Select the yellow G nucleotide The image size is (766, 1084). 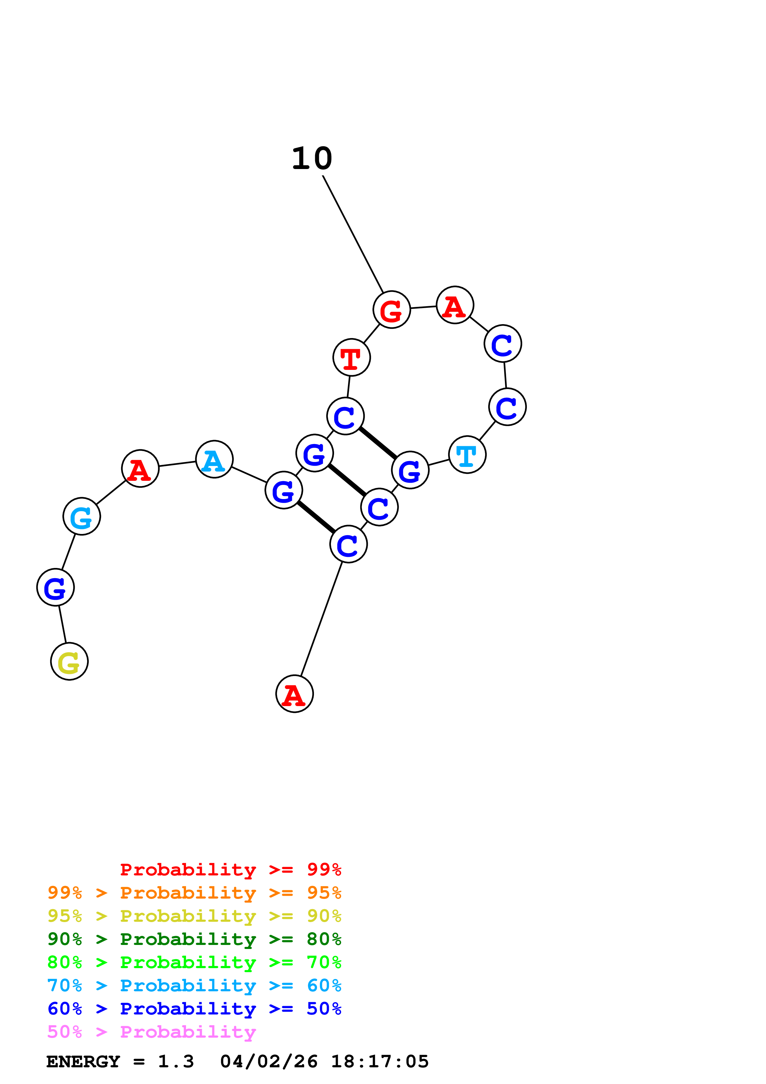pyautogui.click(x=70, y=662)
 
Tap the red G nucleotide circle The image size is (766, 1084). pyautogui.click(x=391, y=310)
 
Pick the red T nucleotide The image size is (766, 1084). pyautogui.click(x=351, y=358)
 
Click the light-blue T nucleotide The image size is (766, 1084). pyautogui.click(x=467, y=455)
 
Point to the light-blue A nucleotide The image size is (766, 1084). pyautogui.click(x=214, y=459)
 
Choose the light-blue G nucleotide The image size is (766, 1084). pyautogui.click(x=82, y=516)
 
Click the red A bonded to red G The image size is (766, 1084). pyautogui.click(x=455, y=305)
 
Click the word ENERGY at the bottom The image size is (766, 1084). pyautogui.click(x=83, y=1062)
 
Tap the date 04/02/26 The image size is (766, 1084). pyautogui.click(x=269, y=1062)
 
